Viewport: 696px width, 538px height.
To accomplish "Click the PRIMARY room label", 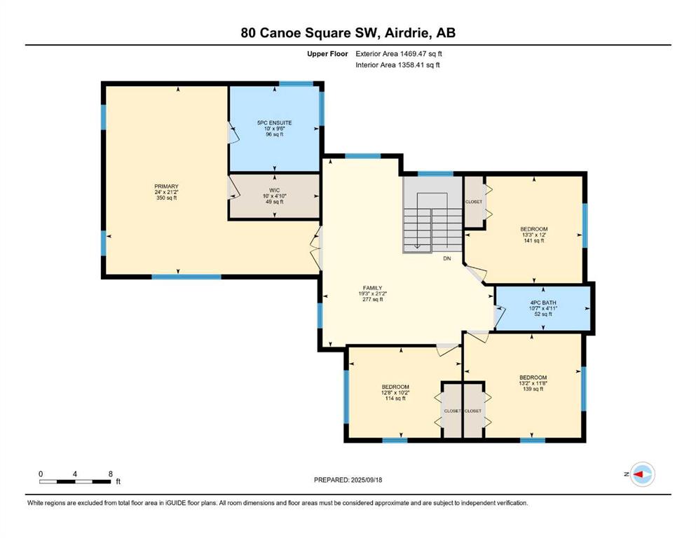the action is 166,186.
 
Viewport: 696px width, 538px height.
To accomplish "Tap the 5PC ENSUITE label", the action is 275,123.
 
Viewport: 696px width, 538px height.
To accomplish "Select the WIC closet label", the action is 275,191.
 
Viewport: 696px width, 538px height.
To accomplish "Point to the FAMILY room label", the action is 372,288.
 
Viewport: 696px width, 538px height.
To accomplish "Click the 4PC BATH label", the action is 543,303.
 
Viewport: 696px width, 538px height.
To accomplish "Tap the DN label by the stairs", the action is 447,258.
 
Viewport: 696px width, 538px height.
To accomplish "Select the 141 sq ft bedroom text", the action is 534,240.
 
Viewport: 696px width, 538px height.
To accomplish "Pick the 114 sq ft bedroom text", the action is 395,399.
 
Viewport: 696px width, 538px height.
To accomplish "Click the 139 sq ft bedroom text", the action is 533,389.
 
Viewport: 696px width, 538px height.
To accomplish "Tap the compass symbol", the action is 643,474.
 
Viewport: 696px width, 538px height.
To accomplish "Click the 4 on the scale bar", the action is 75,474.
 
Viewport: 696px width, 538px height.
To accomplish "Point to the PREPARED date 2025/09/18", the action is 366,480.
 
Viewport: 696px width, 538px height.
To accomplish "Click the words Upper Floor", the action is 327,54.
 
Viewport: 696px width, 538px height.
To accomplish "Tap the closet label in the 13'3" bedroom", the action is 474,202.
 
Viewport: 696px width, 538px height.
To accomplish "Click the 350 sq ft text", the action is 166,198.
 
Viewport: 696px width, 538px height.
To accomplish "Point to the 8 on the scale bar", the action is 111,474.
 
